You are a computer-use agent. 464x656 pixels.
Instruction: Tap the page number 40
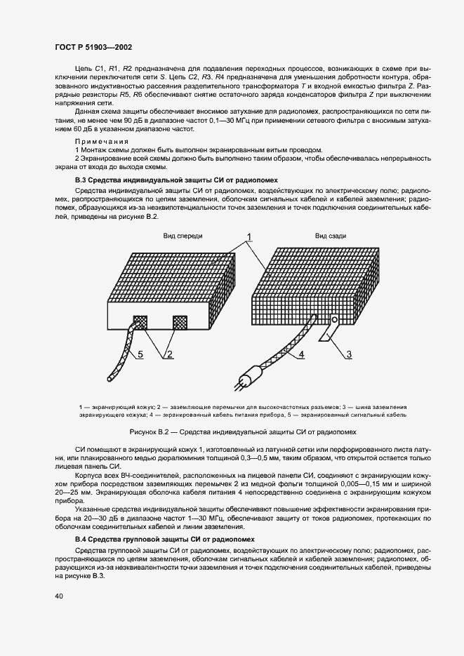coord(60,596)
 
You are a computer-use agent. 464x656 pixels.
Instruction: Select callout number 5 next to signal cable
coord(140,355)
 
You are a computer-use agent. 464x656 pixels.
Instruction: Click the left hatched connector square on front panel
coord(141,322)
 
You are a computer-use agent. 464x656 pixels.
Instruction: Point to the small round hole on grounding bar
coord(335,321)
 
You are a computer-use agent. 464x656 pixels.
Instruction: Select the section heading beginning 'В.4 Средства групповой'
coord(164,539)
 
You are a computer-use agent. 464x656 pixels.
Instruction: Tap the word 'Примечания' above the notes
coord(98,140)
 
